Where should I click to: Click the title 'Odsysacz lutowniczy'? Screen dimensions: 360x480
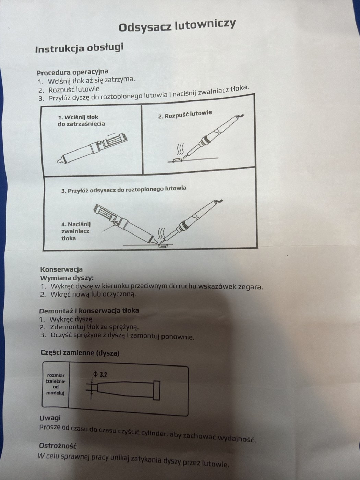(177, 26)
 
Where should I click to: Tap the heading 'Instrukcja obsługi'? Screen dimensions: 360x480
(79, 48)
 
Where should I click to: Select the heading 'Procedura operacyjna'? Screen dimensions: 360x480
(72, 72)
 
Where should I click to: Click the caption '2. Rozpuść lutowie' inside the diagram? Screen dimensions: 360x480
(185, 115)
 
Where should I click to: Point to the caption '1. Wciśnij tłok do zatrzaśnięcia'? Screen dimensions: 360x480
(81, 120)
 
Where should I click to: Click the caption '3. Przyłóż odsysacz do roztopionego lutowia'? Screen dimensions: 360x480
(124, 189)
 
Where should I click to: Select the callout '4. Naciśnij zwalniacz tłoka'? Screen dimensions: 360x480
(76, 231)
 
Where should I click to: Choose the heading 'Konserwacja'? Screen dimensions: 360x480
(61, 269)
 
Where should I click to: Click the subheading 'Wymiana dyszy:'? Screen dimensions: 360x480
(67, 278)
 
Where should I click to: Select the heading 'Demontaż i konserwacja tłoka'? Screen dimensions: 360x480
(89, 311)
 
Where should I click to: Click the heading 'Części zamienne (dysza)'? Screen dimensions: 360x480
(80, 353)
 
